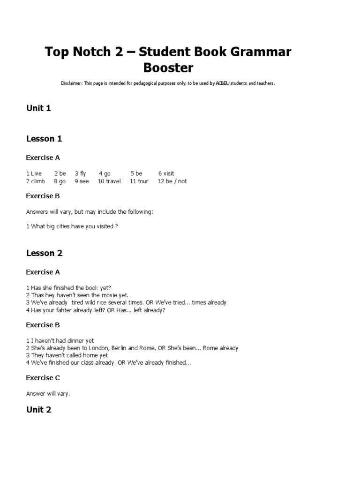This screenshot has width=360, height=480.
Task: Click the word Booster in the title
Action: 168,68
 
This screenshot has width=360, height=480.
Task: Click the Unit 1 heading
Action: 38,108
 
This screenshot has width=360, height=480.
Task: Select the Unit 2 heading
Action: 38,410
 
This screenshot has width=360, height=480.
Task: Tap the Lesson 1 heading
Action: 44,139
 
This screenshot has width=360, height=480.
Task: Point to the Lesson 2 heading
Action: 44,253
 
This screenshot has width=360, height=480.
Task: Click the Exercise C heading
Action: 43,378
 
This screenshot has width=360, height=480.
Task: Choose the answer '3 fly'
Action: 81,173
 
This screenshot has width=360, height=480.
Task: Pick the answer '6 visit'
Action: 166,173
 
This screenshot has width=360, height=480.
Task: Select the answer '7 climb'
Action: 36,181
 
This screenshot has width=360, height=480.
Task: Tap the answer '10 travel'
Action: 109,181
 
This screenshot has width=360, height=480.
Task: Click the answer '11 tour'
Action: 139,181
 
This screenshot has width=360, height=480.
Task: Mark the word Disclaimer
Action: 71,83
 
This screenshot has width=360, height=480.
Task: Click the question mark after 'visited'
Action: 116,226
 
